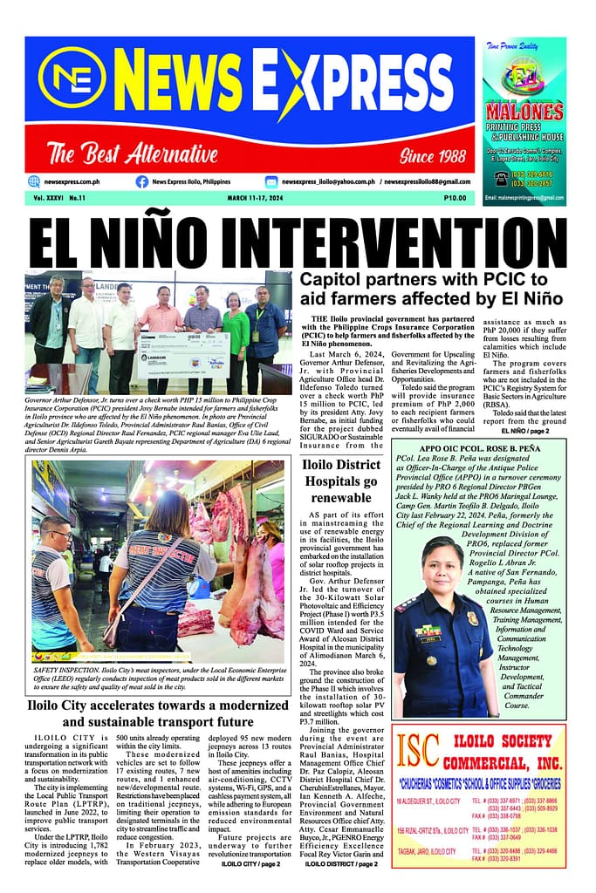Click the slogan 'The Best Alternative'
(x=132, y=155)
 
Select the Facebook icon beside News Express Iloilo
(x=141, y=181)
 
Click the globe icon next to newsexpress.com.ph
(x=34, y=181)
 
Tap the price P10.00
(x=454, y=199)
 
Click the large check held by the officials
(x=182, y=355)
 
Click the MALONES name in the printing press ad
(x=524, y=112)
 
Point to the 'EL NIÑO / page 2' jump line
(x=526, y=431)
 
